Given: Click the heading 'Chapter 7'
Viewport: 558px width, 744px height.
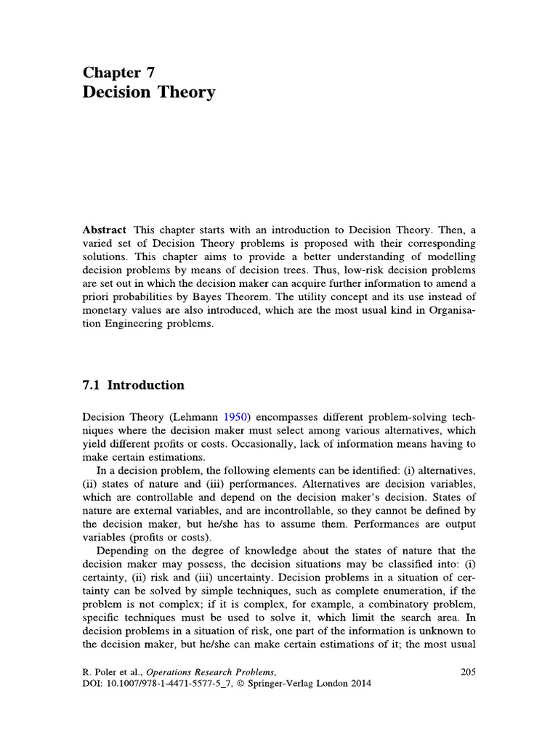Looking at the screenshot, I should click(118, 71).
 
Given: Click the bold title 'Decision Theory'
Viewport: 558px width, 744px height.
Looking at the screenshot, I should click(149, 93).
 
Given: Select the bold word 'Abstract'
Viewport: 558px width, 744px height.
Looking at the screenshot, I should click(105, 228).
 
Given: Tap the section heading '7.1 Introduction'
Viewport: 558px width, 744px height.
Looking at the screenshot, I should click(133, 385).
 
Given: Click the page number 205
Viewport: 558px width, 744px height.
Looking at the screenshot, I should click(467, 672).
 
